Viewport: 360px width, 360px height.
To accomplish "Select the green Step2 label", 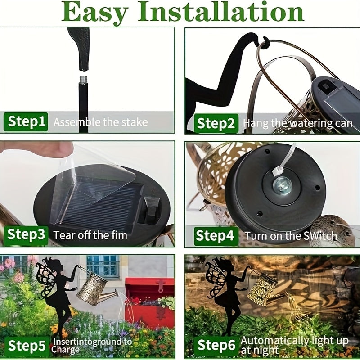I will coord(216,123).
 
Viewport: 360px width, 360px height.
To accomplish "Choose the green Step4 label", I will coord(216,235).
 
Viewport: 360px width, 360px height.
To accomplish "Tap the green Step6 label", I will coord(216,346).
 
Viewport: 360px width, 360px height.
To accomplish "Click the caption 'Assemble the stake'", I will coord(100,122).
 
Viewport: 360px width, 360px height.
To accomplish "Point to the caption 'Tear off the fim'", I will coord(90,235).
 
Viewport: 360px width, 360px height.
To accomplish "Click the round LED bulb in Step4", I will coord(282,184).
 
